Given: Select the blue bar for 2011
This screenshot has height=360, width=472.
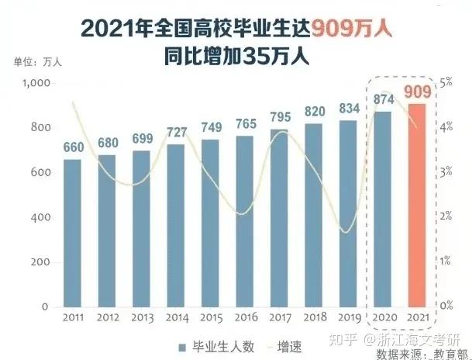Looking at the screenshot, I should (x=71, y=233).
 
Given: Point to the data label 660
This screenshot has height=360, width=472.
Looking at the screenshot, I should (x=72, y=149).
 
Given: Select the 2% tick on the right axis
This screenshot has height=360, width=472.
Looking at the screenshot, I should (x=446, y=216).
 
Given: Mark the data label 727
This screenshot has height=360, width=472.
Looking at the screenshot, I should (x=176, y=133).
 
